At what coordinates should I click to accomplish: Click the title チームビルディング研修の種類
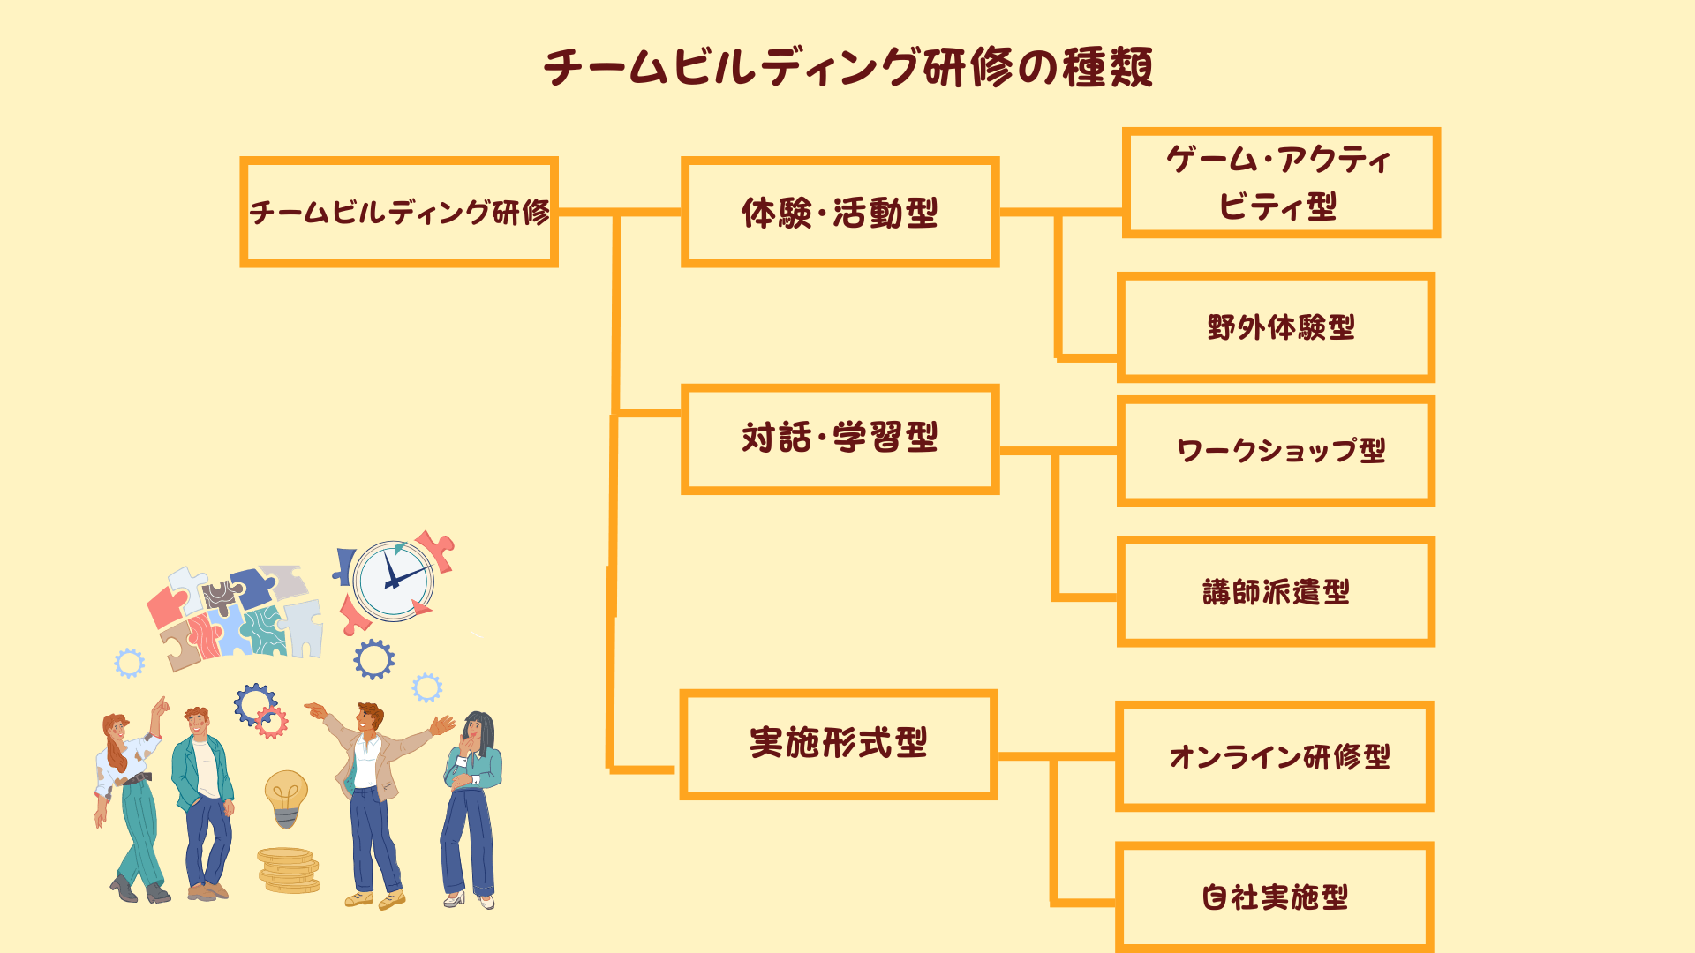pos(847,67)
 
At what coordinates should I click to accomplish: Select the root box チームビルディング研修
pos(399,212)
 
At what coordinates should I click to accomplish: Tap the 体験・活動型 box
pos(840,212)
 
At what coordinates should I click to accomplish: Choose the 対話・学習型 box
pos(840,439)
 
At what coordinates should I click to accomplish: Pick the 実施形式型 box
pos(839,744)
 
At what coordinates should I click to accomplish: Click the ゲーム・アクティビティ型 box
pos(1280,183)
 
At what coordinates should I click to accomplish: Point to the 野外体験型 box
pos(1277,327)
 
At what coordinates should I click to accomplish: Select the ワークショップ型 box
pos(1277,451)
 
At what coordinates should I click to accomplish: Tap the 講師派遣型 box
pos(1277,591)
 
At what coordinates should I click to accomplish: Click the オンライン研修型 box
pos(1275,756)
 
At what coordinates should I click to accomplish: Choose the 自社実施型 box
pos(1275,897)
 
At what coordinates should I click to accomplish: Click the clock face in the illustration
pos(393,581)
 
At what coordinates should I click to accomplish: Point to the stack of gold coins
pos(288,870)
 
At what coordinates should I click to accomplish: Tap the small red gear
pos(272,723)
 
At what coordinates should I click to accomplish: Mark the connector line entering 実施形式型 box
pos(643,769)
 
